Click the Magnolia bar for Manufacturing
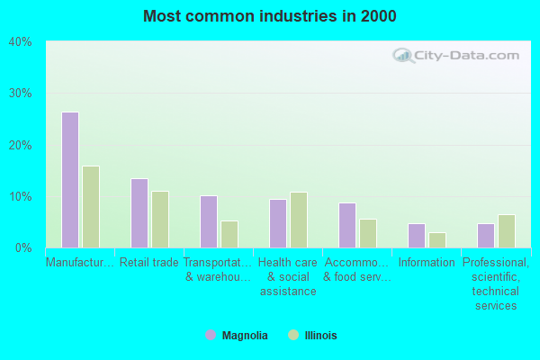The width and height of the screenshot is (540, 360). (x=70, y=180)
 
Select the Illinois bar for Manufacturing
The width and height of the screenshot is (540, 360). (x=91, y=207)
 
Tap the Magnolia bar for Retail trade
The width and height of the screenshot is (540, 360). (x=139, y=213)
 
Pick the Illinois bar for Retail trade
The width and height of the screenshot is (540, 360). (x=160, y=219)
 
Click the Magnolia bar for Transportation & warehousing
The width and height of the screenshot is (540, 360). (x=209, y=221)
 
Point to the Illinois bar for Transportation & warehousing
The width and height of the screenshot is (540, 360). (x=229, y=234)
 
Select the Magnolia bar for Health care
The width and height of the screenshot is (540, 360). (x=278, y=223)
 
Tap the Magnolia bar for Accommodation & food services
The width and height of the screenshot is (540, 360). (x=347, y=225)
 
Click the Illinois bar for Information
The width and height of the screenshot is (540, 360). (x=437, y=240)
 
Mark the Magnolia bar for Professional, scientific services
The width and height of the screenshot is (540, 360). (x=486, y=236)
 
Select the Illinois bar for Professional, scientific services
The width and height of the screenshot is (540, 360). (x=507, y=231)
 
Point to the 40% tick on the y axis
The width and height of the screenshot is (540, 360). (x=21, y=41)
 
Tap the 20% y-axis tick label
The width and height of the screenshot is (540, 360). (x=21, y=145)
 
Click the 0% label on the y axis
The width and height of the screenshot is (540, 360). (x=23, y=247)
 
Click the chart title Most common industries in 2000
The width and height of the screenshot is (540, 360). (x=270, y=16)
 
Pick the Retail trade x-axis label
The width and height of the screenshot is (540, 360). (x=149, y=263)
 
